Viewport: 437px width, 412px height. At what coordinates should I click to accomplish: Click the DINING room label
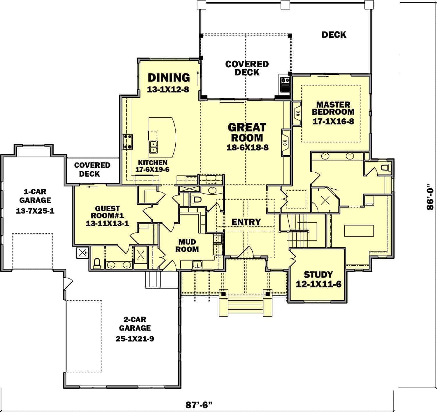pos(169,78)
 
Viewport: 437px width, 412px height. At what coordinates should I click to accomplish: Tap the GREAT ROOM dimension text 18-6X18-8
pos(248,148)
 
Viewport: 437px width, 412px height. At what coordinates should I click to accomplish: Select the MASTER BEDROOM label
pos(333,108)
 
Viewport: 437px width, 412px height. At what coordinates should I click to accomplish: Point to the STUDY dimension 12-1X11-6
pos(318,284)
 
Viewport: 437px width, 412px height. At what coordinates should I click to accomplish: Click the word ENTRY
pos(246,222)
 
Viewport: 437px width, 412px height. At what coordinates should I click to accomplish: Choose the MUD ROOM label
pos(187,246)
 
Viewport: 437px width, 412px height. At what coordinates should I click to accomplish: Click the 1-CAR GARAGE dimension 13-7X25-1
pos(35,211)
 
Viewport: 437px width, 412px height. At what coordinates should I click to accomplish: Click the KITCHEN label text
pos(153,163)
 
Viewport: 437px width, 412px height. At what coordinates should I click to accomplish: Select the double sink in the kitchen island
pos(153,147)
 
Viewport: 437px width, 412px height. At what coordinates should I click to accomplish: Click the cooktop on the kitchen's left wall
pos(128,142)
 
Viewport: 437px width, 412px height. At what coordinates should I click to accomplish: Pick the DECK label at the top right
pos(334,35)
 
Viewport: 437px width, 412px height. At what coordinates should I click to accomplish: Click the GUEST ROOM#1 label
pos(107,212)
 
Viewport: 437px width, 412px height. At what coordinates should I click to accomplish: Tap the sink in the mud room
pos(197,264)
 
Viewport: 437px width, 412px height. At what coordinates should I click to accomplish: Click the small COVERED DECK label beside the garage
pos(92,170)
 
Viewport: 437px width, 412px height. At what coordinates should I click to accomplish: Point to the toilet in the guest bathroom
pos(97,264)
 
